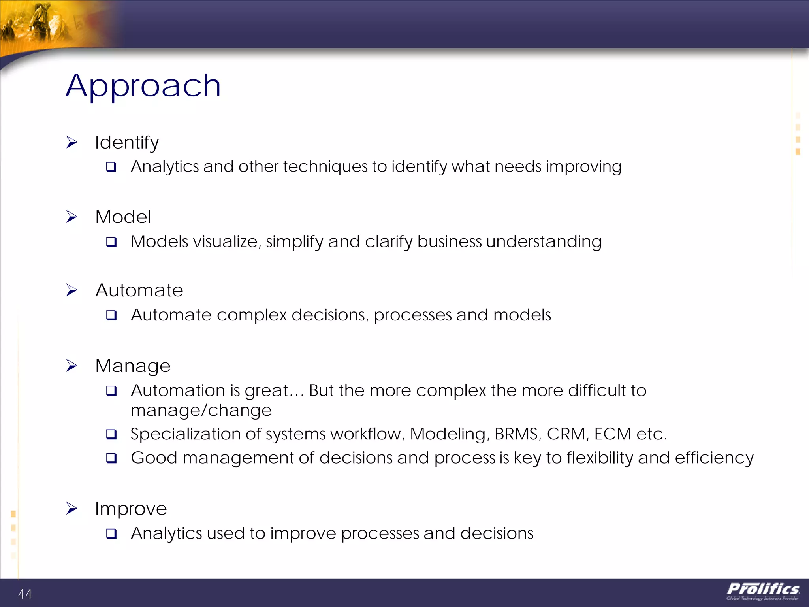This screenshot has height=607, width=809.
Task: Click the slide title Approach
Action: pyautogui.click(x=143, y=86)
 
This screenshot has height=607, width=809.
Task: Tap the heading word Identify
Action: pyautogui.click(x=127, y=142)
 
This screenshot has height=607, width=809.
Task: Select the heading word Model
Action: pyautogui.click(x=123, y=217)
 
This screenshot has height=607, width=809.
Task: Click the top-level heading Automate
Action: pyautogui.click(x=139, y=290)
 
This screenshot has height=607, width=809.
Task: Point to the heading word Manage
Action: pyautogui.click(x=133, y=366)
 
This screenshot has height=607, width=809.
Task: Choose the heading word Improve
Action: pyautogui.click(x=131, y=509)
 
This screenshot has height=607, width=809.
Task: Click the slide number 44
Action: pyautogui.click(x=25, y=594)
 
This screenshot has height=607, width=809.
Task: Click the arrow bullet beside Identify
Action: pyautogui.click(x=71, y=142)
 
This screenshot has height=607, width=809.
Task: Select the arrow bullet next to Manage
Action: pyautogui.click(x=71, y=366)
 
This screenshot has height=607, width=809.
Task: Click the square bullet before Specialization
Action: pyautogui.click(x=111, y=434)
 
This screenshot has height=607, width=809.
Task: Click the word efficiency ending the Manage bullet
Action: pyautogui.click(x=714, y=458)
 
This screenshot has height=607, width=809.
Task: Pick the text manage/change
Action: pyautogui.click(x=201, y=411)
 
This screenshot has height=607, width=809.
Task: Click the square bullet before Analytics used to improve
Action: pyautogui.click(x=111, y=534)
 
